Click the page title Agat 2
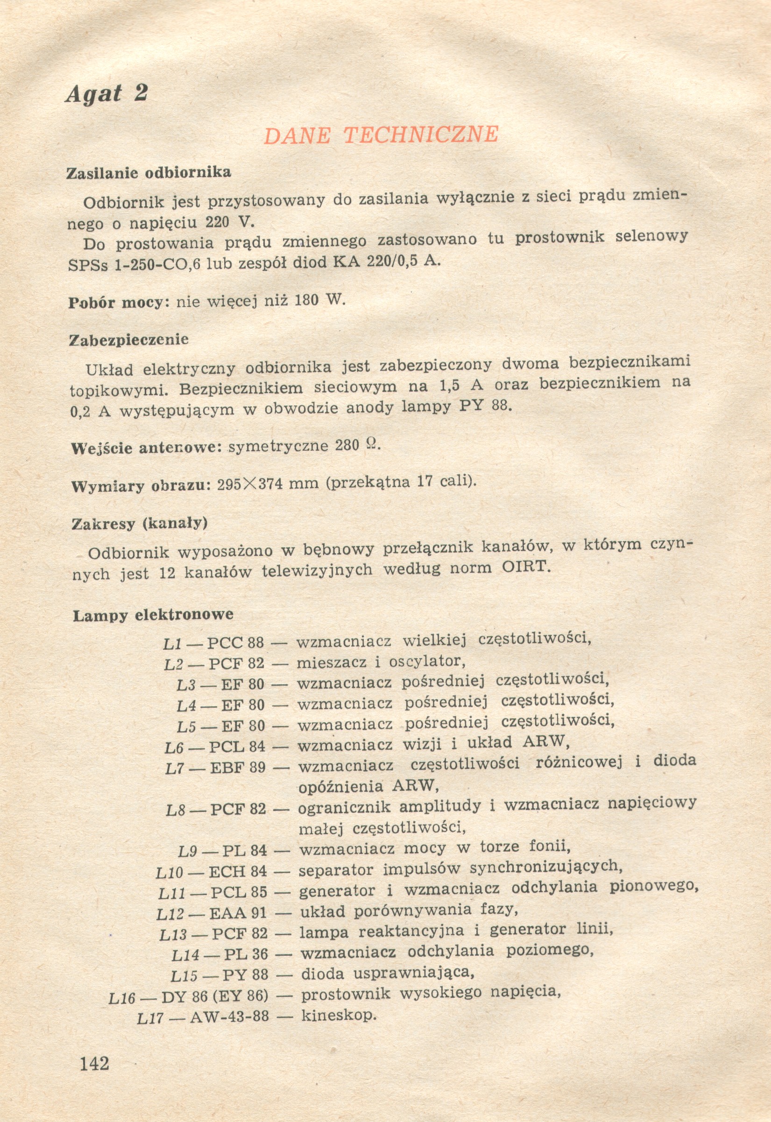point(107,93)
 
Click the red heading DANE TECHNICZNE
point(381,135)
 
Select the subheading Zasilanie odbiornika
point(149,172)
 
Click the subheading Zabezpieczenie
point(128,340)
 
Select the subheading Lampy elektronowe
point(153,615)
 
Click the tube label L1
point(172,644)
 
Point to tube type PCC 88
point(236,643)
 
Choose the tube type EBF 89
point(238,767)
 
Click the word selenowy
point(651,236)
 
